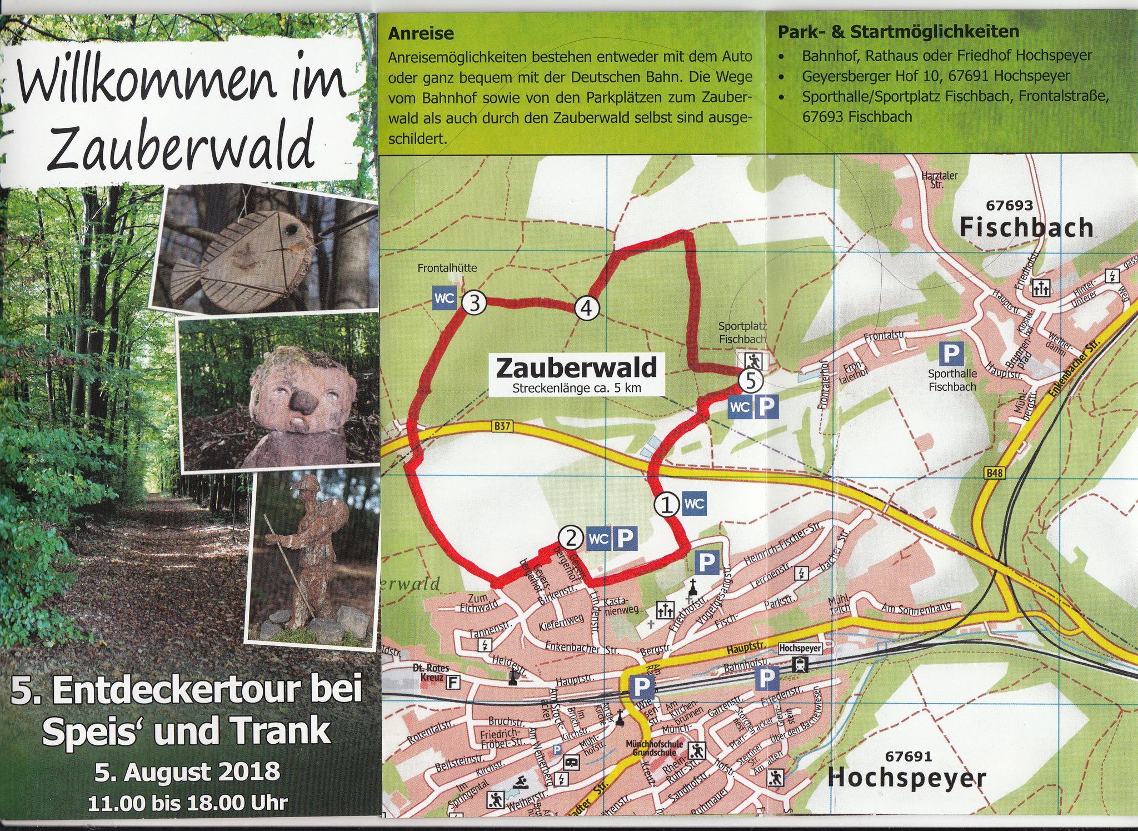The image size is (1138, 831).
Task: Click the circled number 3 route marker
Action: [x=475, y=303]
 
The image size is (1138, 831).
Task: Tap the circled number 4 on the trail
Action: [x=587, y=307]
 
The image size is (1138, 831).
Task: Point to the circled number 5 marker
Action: [x=750, y=381]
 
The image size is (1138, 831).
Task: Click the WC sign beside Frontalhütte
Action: [x=445, y=298]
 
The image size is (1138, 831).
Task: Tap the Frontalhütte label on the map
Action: [x=447, y=268]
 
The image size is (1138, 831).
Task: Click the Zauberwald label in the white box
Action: [x=576, y=367]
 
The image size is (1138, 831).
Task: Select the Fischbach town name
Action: [x=1026, y=227]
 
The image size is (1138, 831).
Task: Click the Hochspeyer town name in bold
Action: [x=906, y=778]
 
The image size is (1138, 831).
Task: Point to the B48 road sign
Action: [x=994, y=473]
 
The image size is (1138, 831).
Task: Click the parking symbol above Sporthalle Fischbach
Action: [x=951, y=354]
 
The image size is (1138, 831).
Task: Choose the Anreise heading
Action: [x=421, y=33]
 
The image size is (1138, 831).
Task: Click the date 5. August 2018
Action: [x=187, y=772]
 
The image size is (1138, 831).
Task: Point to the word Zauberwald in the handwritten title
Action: [x=182, y=147]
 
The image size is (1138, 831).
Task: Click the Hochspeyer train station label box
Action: [x=800, y=648]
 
